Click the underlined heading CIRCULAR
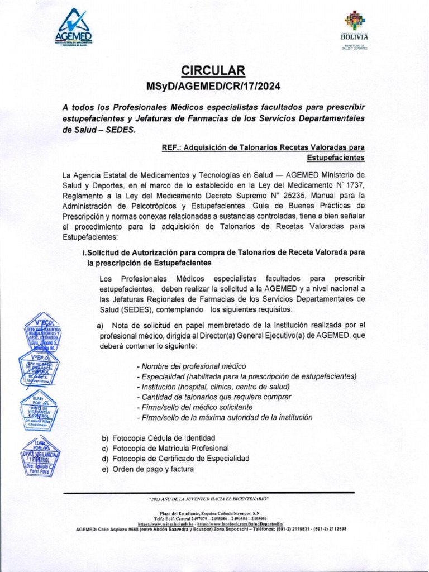pyautogui.click(x=213, y=70)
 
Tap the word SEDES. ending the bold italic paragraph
pyautogui.click(x=117, y=129)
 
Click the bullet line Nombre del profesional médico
pyautogui.click(x=191, y=366)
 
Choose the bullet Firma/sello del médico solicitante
pyautogui.click(x=194, y=407)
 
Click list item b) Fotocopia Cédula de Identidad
pyautogui.click(x=158, y=438)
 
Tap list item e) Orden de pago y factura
pyautogui.click(x=147, y=469)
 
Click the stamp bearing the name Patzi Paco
pyautogui.click(x=41, y=459)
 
